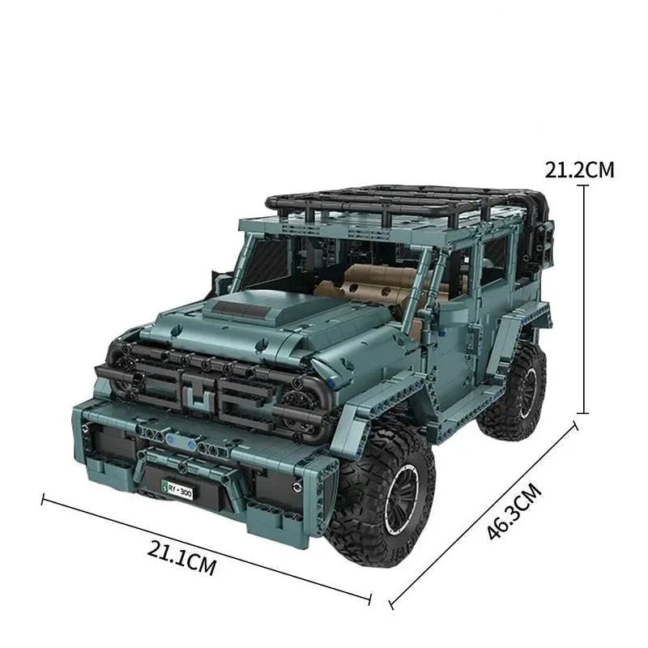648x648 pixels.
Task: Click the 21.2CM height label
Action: click(579, 170)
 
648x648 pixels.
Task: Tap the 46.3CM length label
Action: click(514, 512)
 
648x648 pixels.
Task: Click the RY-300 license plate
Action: click(177, 490)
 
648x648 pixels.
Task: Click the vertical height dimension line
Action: click(583, 299)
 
